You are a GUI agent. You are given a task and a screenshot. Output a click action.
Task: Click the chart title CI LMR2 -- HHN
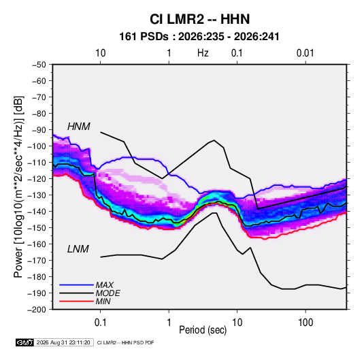[199, 19]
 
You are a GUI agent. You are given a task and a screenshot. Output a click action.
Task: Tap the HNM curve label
[79, 127]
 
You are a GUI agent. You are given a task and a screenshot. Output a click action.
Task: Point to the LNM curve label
[78, 249]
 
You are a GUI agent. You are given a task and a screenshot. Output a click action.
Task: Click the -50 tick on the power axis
[39, 65]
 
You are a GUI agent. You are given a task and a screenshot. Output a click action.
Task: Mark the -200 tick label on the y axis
[37, 310]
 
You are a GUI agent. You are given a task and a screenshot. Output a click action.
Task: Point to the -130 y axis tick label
[37, 195]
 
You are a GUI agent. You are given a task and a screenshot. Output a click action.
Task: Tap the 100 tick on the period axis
[305, 323]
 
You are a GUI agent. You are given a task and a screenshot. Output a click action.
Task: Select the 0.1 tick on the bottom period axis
[100, 323]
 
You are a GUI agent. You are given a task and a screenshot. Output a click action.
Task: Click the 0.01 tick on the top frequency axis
[305, 53]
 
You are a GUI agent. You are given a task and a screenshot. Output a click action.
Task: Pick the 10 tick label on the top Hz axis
[101, 53]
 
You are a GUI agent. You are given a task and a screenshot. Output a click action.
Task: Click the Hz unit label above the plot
[203, 53]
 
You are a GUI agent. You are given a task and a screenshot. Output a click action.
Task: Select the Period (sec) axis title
[203, 330]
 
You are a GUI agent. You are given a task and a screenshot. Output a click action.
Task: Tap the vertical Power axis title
[18, 186]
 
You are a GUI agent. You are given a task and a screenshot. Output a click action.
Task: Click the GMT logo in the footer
[25, 342]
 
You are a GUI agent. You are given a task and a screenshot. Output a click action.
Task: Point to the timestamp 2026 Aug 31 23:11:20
[63, 342]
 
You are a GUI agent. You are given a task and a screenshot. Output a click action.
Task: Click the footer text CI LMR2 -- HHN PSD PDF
[125, 342]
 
